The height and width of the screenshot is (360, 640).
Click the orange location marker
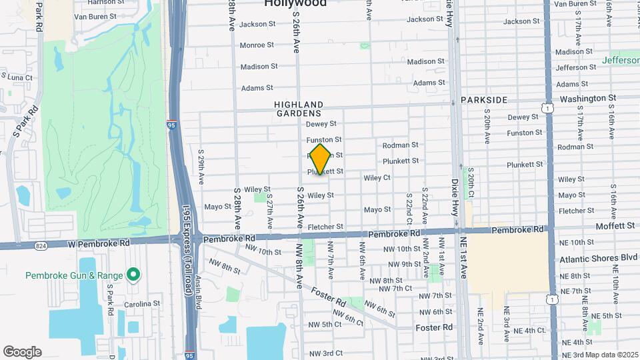click(x=321, y=159)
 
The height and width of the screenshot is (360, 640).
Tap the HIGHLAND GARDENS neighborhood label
click(x=299, y=109)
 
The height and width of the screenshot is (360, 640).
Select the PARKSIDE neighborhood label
click(x=484, y=100)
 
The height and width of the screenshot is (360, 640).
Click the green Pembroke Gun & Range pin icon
click(x=133, y=275)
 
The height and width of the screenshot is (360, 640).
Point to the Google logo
click(x=22, y=351)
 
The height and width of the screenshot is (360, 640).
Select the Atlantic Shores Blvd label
click(x=598, y=258)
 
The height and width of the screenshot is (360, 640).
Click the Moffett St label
click(x=615, y=226)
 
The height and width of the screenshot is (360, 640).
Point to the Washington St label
click(x=587, y=98)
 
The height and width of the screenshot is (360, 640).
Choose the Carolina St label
click(x=141, y=304)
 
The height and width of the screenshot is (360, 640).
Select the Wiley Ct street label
click(x=377, y=178)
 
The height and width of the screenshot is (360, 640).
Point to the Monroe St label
click(x=257, y=45)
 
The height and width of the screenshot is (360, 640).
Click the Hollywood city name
click(x=295, y=3)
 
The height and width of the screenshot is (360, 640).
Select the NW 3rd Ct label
click(x=325, y=353)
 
